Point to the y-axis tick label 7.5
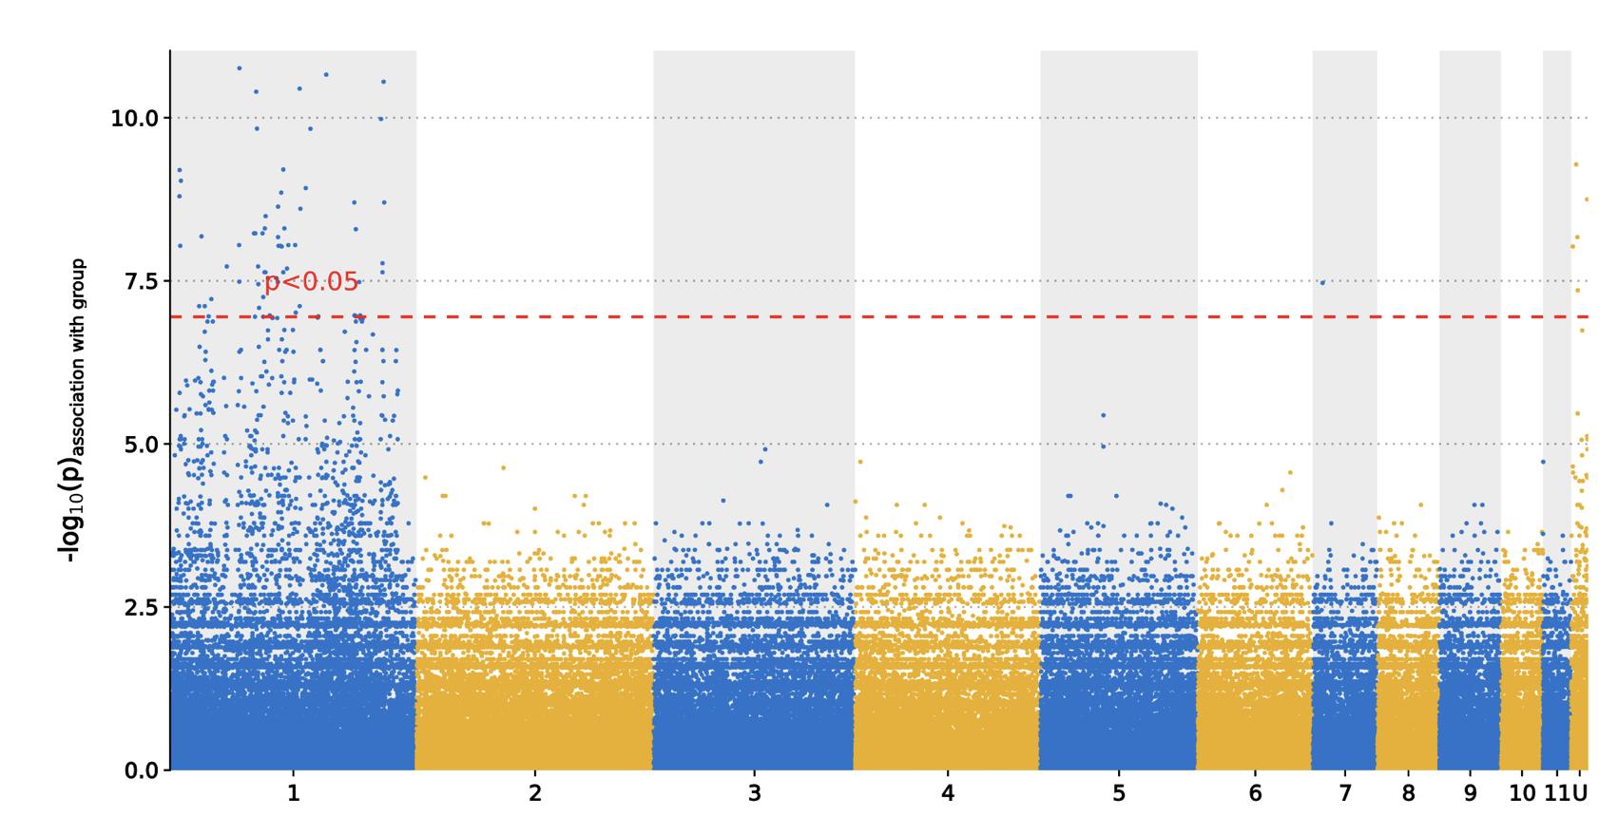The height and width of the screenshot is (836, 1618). pyautogui.click(x=137, y=282)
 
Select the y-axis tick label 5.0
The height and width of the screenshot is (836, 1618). pyautogui.click(x=137, y=445)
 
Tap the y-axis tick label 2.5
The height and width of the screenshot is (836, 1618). pyautogui.click(x=137, y=607)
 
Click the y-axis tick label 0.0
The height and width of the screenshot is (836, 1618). pyautogui.click(x=137, y=770)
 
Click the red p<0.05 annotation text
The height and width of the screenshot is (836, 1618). pyautogui.click(x=311, y=282)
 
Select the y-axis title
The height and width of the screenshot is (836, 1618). pyautogui.click(x=75, y=410)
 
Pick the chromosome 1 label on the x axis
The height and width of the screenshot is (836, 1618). pyautogui.click(x=293, y=793)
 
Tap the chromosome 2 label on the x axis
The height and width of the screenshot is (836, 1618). pyautogui.click(x=534, y=793)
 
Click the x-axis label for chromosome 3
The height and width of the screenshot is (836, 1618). pyautogui.click(x=754, y=793)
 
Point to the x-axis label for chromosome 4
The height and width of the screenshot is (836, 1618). pyautogui.click(x=947, y=793)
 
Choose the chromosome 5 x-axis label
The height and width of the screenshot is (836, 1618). pyautogui.click(x=1118, y=793)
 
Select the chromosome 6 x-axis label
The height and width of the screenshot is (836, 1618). pyautogui.click(x=1255, y=793)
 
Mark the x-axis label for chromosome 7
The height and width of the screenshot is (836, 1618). pyautogui.click(x=1344, y=793)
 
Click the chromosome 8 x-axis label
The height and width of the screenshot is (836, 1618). pyautogui.click(x=1408, y=793)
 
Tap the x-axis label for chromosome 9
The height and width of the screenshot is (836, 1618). pyautogui.click(x=1470, y=793)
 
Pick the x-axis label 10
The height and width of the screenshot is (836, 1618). pyautogui.click(x=1522, y=793)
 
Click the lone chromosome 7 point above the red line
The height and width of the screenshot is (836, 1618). pyautogui.click(x=1321, y=282)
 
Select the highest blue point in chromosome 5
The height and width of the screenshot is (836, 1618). pyautogui.click(x=1103, y=415)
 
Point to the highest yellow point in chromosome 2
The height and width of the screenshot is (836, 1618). pyautogui.click(x=504, y=467)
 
